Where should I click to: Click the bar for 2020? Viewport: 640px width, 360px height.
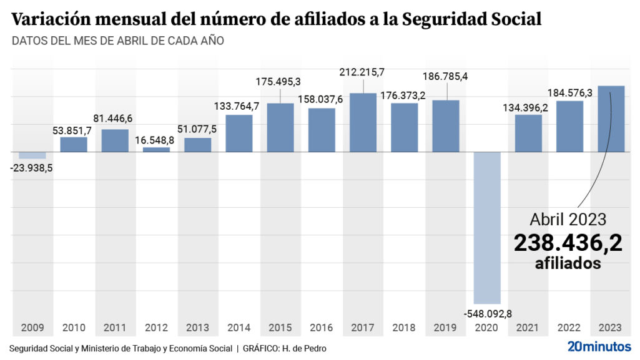click(487, 227)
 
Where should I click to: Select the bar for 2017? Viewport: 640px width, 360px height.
click(363, 122)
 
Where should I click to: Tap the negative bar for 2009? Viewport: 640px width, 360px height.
click(32, 155)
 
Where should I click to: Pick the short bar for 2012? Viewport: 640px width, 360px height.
click(156, 149)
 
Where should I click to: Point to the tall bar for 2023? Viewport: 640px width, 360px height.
click(611, 119)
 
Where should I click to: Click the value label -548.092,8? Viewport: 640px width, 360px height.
click(487, 313)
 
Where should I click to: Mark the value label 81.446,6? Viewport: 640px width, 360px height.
click(115, 118)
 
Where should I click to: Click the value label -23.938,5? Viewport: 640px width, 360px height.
click(32, 167)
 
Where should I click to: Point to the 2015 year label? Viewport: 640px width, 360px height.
click(280, 328)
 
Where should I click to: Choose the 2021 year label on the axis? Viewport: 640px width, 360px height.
click(528, 328)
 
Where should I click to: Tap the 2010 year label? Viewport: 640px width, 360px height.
click(74, 328)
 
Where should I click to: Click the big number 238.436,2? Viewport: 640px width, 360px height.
click(568, 243)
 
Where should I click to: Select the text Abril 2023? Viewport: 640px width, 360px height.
click(568, 219)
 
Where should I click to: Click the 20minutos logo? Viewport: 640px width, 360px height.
click(599, 346)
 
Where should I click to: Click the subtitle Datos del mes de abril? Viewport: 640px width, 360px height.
click(117, 41)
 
